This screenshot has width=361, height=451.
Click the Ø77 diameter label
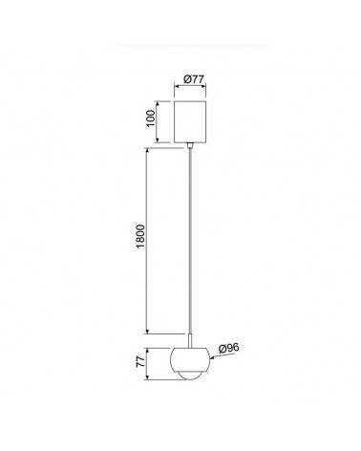(194, 79)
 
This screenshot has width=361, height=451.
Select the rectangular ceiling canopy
(194, 119)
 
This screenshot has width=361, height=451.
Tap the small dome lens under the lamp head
(194, 377)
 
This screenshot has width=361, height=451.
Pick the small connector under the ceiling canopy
(194, 145)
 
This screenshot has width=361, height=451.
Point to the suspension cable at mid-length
(194, 239)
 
